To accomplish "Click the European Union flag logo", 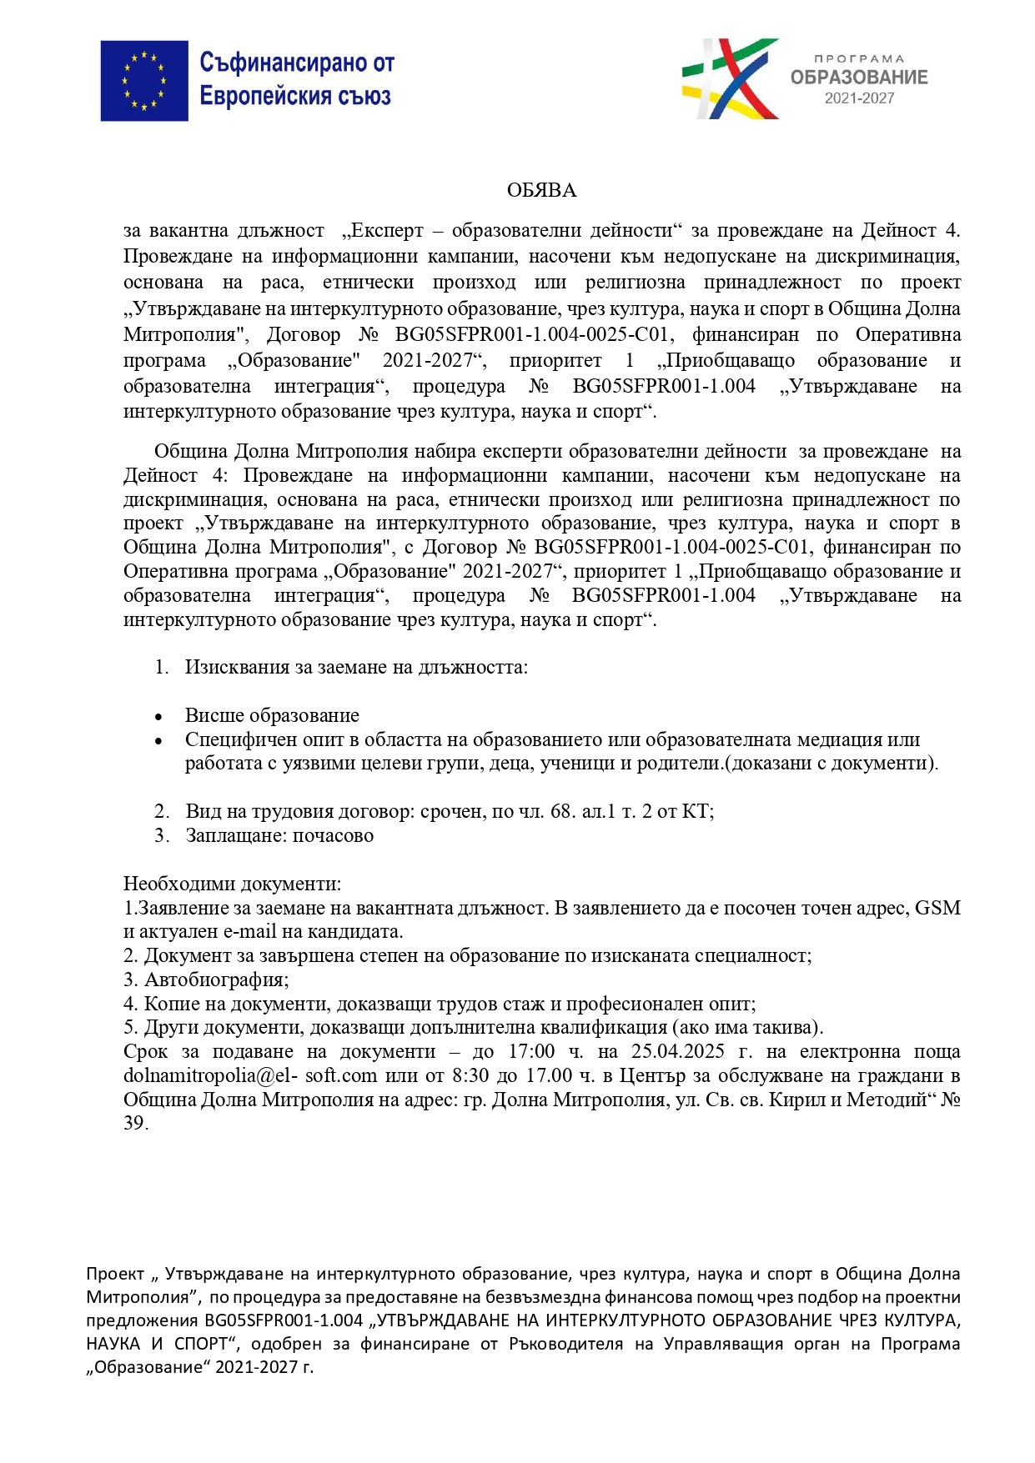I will click(144, 81).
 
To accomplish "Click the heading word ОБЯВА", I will click(541, 191).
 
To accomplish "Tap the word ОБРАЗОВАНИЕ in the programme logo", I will click(858, 78).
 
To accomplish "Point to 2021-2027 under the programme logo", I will click(859, 98).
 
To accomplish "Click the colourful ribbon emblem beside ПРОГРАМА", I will click(731, 78).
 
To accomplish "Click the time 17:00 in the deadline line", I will click(531, 1052).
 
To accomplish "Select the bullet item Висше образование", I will click(272, 716).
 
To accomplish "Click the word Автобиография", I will click(216, 980).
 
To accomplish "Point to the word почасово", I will click(333, 836).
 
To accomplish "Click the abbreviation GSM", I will click(937, 908).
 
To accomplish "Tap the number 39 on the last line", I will click(134, 1124).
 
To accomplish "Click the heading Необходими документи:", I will click(232, 884).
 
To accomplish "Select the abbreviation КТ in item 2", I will click(696, 812).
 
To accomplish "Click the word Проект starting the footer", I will click(115, 1275).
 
